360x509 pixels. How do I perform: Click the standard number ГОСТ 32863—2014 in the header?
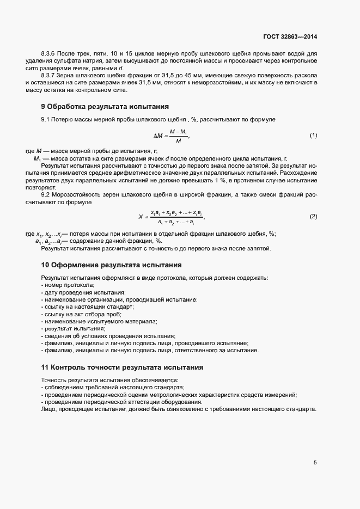289,37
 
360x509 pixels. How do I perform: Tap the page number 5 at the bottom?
315,463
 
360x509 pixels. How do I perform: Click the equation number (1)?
313,135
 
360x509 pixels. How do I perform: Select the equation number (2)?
313,216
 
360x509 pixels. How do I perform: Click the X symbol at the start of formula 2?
141,217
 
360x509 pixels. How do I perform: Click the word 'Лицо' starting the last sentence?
48,409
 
